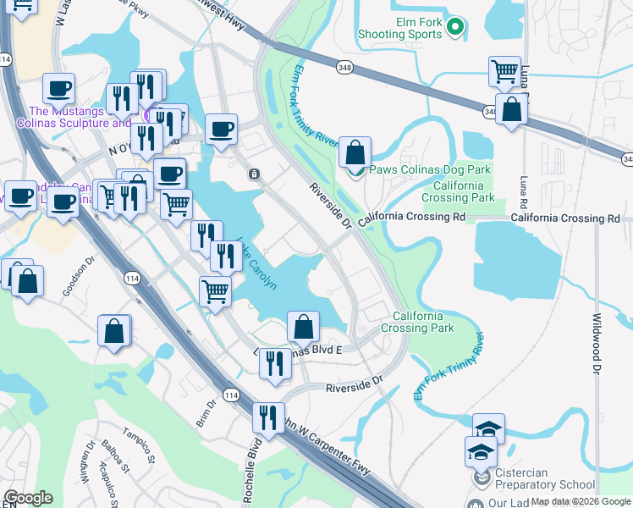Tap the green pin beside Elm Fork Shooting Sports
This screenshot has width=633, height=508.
coord(455,28)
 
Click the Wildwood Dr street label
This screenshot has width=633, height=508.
coord(597,343)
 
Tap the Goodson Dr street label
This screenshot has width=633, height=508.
coord(74,279)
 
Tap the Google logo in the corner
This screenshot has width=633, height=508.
coord(28,498)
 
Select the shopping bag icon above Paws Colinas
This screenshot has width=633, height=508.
coord(355,153)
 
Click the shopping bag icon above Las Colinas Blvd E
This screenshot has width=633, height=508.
coord(303,326)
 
